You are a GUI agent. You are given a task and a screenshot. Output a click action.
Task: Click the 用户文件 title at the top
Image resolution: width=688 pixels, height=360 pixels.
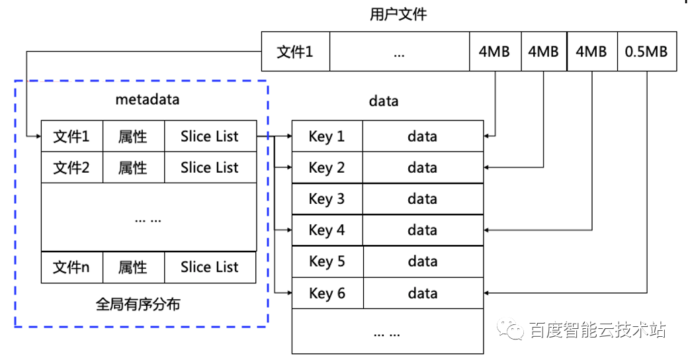click(398, 14)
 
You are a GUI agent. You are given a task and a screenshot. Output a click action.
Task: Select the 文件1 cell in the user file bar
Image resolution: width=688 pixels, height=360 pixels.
click(295, 52)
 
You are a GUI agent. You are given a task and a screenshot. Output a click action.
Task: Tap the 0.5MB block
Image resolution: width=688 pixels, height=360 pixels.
click(647, 52)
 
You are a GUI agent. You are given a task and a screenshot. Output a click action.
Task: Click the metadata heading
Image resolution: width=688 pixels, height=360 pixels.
click(148, 99)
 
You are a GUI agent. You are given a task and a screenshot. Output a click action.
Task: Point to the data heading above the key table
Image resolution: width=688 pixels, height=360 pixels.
click(384, 101)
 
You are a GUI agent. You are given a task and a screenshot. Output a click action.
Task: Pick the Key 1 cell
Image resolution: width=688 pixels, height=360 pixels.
click(327, 136)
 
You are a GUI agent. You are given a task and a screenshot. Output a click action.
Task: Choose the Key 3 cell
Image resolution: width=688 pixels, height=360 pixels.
click(327, 199)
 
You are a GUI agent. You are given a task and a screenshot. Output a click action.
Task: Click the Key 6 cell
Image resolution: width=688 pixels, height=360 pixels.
click(327, 292)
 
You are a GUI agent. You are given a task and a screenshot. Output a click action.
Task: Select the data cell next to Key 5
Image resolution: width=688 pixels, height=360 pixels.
click(423, 261)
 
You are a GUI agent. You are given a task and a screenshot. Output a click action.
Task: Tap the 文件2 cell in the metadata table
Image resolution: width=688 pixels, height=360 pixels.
click(72, 167)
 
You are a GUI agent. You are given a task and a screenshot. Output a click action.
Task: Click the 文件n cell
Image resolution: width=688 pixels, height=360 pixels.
click(72, 267)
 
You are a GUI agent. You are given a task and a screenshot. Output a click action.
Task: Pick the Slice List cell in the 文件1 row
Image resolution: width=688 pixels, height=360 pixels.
click(210, 136)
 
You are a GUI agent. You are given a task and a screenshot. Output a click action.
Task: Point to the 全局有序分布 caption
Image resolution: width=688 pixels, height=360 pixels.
click(138, 304)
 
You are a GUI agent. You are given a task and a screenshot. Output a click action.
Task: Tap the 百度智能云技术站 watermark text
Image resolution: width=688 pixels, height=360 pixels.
click(597, 330)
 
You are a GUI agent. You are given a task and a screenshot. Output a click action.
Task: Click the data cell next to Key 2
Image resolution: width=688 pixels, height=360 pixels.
click(423, 167)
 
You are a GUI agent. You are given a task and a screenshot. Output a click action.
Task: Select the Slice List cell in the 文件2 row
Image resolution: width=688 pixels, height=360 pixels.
click(210, 167)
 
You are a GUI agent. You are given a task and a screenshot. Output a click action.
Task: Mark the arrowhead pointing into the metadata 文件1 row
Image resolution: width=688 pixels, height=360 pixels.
click(39, 136)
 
